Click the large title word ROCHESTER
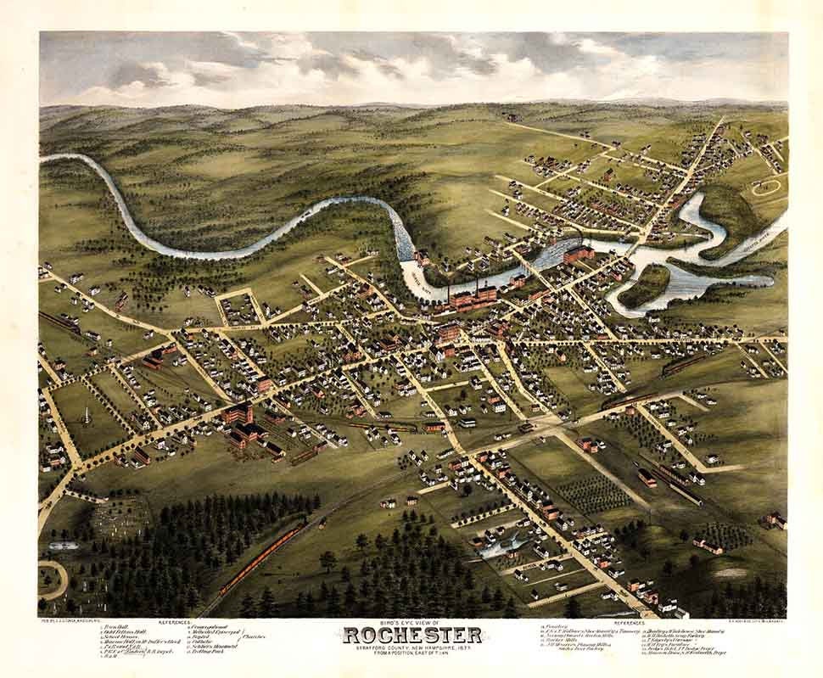pyautogui.click(x=412, y=636)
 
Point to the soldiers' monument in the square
pyautogui.click(x=84, y=415)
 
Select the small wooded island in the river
pyautogui.click(x=645, y=286)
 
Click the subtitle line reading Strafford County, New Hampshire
pyautogui.click(x=412, y=649)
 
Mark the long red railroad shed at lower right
pyautogui.click(x=679, y=484)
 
